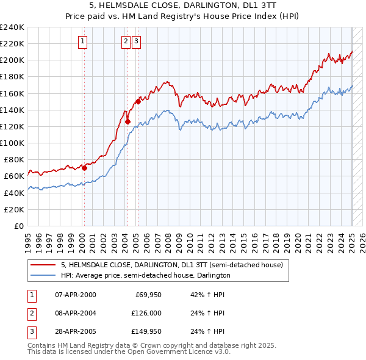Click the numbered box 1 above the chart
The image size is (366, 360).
pos(82,41)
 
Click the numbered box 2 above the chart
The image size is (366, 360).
pos(126,41)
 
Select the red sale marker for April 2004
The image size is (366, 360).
pos(127,121)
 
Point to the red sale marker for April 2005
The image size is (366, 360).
pos(138,102)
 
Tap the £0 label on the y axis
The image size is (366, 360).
pos(18,226)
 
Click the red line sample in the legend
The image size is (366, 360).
pos(41,265)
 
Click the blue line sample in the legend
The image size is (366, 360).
pos(41,275)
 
